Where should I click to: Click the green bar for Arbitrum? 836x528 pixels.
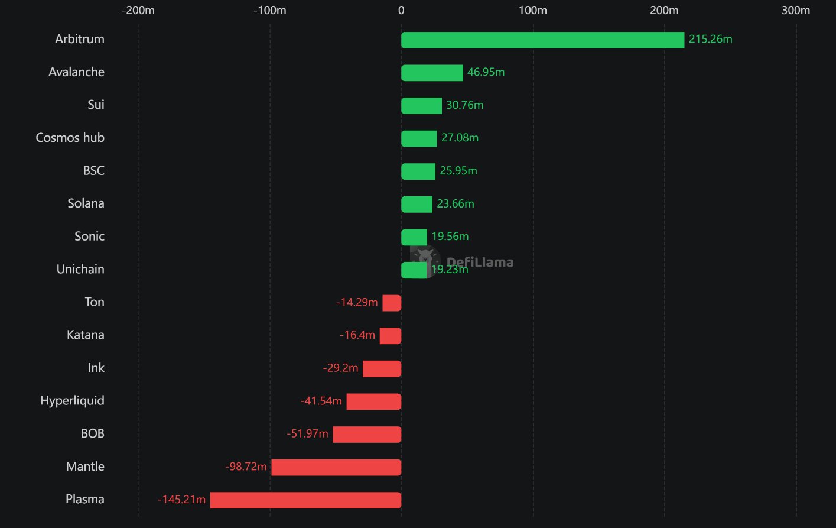[542, 40]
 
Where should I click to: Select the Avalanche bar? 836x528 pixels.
[432, 73]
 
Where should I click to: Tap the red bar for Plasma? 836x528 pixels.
[305, 500]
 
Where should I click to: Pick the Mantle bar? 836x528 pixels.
[336, 467]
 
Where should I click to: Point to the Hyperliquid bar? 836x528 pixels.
[373, 401]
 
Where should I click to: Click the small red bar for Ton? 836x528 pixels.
[392, 303]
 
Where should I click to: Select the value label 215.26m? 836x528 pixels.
[710, 39]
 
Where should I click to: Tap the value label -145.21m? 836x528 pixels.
[182, 500]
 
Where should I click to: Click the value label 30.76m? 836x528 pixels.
[464, 105]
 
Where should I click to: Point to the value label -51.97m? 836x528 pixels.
[307, 433]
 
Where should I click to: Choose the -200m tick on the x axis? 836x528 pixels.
[138, 11]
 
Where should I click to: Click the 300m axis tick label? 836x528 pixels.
[795, 11]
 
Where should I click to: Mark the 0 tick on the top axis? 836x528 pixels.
[401, 11]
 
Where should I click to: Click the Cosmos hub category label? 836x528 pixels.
[70, 138]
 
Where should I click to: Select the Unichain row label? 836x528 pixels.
[80, 269]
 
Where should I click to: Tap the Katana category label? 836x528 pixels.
[85, 335]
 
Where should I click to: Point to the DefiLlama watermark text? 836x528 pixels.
[480, 262]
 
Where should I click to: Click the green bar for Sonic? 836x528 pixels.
[414, 237]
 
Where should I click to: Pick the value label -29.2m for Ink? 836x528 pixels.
[340, 368]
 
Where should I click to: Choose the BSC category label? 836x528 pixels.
[93, 171]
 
